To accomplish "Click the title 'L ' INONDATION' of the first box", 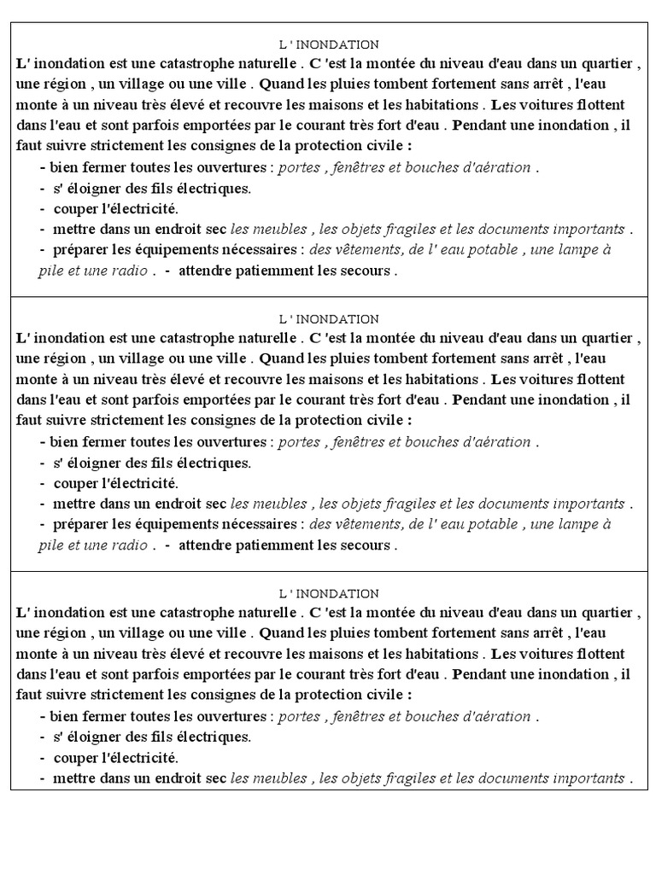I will point(329,44).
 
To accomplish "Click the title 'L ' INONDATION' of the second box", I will point(329,319).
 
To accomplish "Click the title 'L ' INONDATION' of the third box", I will point(329,593).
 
